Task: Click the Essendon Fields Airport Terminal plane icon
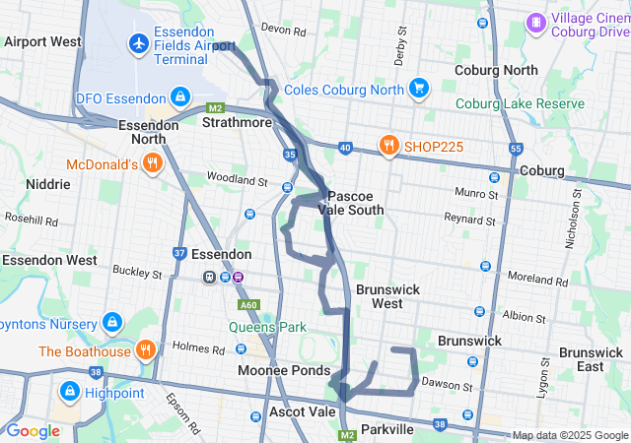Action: click(x=139, y=43)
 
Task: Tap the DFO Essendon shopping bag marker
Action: click(x=180, y=96)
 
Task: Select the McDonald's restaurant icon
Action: click(x=153, y=165)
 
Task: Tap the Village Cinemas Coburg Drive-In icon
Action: click(x=535, y=22)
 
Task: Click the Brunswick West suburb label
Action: click(x=387, y=296)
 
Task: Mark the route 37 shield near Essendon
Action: click(x=179, y=253)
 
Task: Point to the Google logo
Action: click(x=33, y=430)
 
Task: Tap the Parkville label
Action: click(x=386, y=430)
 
